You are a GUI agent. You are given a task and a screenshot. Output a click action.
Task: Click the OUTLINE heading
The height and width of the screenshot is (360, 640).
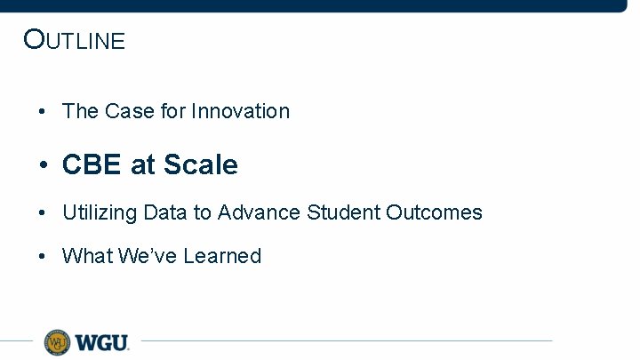click(75, 40)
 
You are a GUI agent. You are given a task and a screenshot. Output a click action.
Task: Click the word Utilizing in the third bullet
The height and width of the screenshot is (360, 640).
click(99, 212)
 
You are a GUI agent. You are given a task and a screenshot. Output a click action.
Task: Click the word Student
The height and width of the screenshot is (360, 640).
click(343, 212)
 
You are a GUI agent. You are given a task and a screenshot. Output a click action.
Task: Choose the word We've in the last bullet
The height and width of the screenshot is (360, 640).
click(140, 256)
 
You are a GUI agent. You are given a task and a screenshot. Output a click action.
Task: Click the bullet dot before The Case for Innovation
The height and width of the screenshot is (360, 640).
click(43, 112)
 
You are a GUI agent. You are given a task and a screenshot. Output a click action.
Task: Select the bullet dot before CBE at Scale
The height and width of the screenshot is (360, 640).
click(43, 165)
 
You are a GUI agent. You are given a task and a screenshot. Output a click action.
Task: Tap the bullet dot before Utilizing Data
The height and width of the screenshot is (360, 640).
click(43, 213)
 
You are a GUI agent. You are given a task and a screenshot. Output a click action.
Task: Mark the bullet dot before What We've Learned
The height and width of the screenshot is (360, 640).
click(43, 257)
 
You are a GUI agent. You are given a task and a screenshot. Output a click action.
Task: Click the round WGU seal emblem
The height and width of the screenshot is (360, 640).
click(58, 341)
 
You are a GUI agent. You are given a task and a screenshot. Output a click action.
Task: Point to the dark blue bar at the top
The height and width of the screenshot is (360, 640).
click(320, 5)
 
